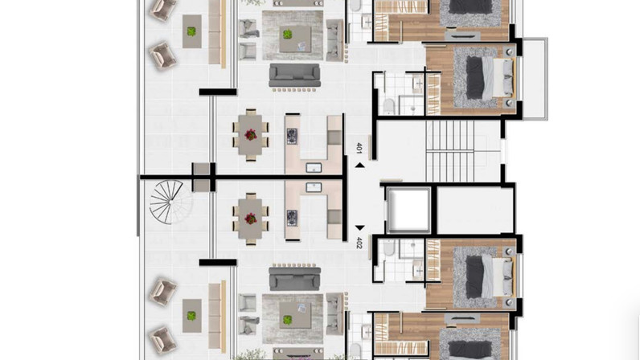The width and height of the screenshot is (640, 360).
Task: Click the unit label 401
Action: click(359, 148)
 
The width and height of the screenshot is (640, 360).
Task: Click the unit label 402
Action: click(359, 243)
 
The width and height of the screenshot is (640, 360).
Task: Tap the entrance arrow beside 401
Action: click(359, 165)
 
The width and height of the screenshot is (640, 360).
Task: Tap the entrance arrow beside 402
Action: click(359, 227)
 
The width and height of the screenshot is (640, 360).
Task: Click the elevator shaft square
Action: click(408, 211)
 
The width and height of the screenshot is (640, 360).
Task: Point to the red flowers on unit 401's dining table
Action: click(251, 135)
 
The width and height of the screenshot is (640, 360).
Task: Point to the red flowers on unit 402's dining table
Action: click(251, 219)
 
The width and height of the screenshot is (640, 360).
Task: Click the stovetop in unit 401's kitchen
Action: click(292, 137)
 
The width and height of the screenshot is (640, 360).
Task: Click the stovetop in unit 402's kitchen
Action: click(292, 218)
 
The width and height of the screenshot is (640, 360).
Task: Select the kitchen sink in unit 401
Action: click(314, 167)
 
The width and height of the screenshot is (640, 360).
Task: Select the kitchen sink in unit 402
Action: click(314, 187)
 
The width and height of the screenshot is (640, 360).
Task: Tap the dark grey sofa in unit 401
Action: click(294, 75)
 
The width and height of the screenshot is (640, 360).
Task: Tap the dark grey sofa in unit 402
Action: click(294, 279)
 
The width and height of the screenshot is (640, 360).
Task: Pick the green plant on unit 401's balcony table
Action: click(191, 31)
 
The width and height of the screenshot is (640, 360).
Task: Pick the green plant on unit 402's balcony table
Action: click(191, 316)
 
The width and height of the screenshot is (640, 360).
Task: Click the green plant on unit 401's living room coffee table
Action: click(288, 35)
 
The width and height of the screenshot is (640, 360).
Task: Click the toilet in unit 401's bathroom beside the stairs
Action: click(388, 107)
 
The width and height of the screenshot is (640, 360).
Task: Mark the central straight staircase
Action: click(449, 151)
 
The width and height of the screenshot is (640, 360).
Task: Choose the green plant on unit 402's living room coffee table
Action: click(288, 320)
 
